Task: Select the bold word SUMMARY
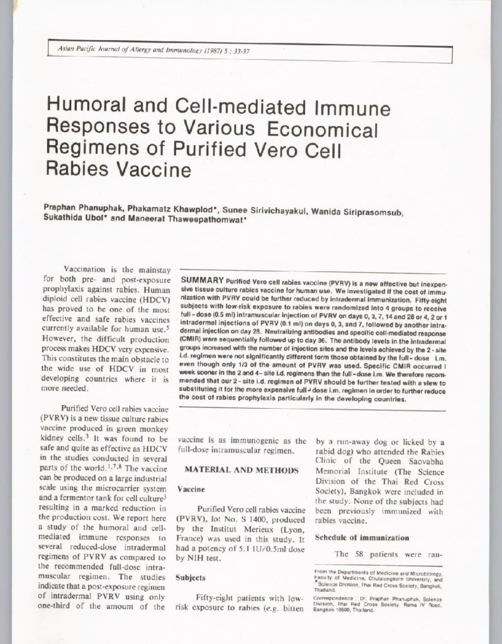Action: [x=202, y=279]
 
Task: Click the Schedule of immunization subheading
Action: [x=352, y=538]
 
